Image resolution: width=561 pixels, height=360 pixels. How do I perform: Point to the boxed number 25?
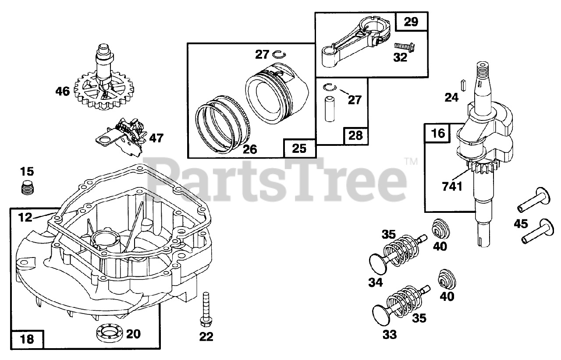tap(299, 148)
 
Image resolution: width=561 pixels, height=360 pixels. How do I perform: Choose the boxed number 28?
tap(355, 135)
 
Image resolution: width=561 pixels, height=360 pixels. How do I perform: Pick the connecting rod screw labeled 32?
tap(401, 46)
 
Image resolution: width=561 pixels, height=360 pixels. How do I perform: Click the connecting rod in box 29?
tap(351, 44)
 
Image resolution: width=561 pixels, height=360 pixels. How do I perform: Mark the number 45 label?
tap(522, 224)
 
